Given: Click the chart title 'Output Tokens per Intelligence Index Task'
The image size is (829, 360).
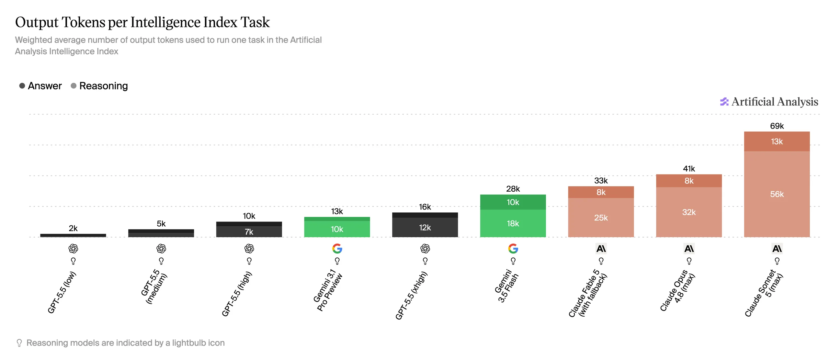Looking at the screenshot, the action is point(142,22).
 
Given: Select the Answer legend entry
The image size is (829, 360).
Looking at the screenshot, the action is point(40,86).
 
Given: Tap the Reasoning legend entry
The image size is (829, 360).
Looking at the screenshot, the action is point(99,86).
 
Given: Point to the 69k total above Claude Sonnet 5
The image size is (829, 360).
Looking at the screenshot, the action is point(777,126).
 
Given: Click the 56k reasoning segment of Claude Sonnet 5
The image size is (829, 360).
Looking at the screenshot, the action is point(777,194).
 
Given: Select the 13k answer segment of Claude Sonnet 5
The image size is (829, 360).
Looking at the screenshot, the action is point(777,141).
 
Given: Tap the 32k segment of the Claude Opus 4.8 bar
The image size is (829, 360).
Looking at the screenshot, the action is point(689,212).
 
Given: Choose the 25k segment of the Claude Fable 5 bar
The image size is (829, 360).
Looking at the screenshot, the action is point(601,218).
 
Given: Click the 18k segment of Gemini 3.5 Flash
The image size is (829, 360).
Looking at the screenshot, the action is point(513,223).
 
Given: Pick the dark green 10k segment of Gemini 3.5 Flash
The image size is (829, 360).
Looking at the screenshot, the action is point(513,202).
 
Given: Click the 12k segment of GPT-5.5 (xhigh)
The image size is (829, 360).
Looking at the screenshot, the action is point(425,228).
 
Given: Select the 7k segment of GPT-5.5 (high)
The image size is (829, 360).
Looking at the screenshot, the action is point(249,232).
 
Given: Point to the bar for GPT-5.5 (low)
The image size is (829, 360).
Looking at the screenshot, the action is point(73,235).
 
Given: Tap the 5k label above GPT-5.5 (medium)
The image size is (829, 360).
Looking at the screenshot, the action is point(161,224).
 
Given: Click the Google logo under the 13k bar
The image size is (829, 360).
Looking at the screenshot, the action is point(337,249).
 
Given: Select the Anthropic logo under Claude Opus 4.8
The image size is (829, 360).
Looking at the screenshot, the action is point(689,249).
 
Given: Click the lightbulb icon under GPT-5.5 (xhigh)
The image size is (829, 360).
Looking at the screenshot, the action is point(425,261).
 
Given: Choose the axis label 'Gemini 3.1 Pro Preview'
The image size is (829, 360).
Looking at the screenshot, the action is point(328,290).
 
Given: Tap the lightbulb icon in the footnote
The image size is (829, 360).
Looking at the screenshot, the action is point(19,343).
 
